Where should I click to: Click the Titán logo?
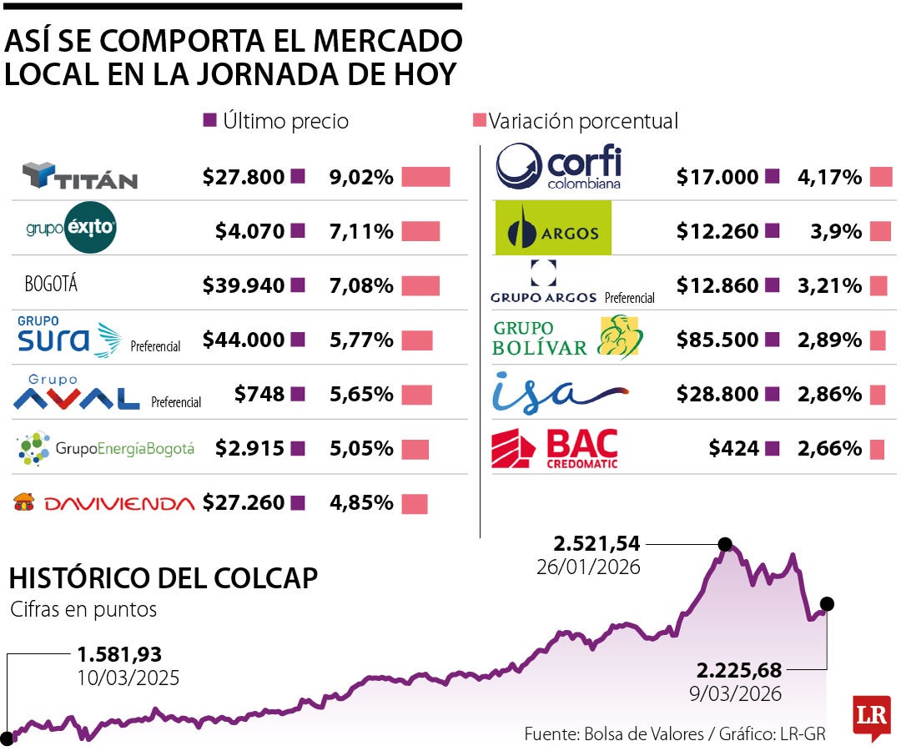pos(80,176)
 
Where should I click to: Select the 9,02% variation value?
pos(361,177)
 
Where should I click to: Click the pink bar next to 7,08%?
pos(420,285)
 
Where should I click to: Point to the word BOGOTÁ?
pos(51,285)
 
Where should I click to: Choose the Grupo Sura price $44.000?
pos(244,340)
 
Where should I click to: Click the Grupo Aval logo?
pos(77,393)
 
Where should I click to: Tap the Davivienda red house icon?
pos(25,502)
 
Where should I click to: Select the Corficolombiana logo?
pos(558,168)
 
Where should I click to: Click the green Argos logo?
pos(552,228)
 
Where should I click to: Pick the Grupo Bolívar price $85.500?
pos(717,340)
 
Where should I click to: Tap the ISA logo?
pos(557,392)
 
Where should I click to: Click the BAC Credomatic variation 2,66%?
pos(829,448)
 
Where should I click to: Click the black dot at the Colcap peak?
pos(725,544)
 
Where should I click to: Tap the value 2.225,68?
pos(738,669)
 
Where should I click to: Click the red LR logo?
pos(871,715)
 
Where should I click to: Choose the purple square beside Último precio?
pos(210,120)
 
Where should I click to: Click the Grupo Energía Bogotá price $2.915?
pos(250,448)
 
